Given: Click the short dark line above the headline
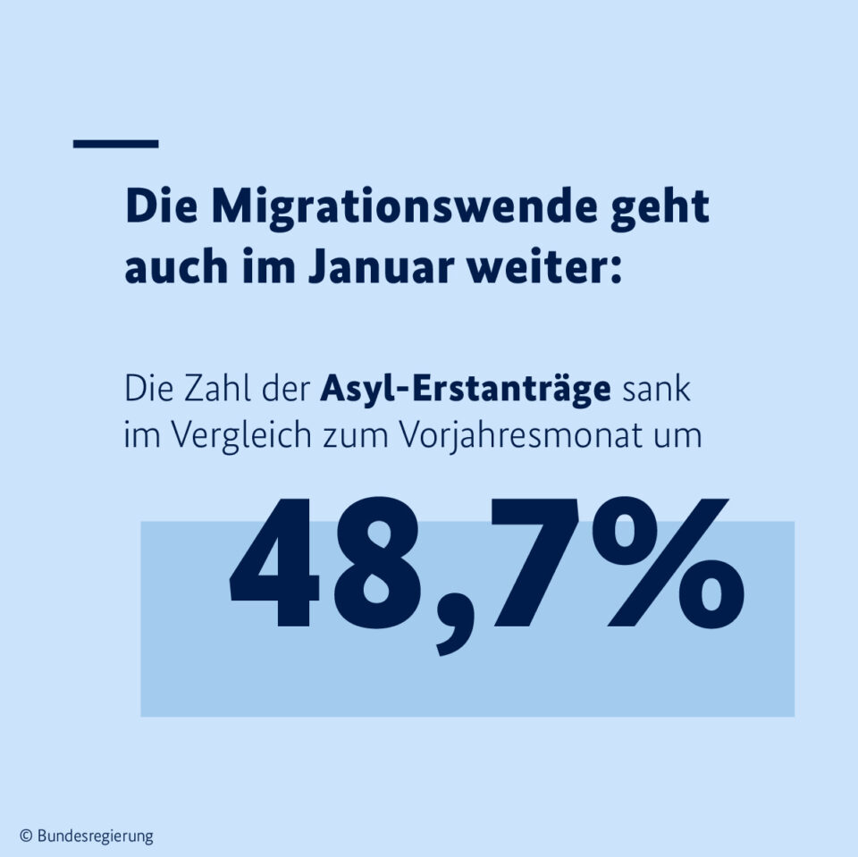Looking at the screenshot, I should (x=115, y=143).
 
